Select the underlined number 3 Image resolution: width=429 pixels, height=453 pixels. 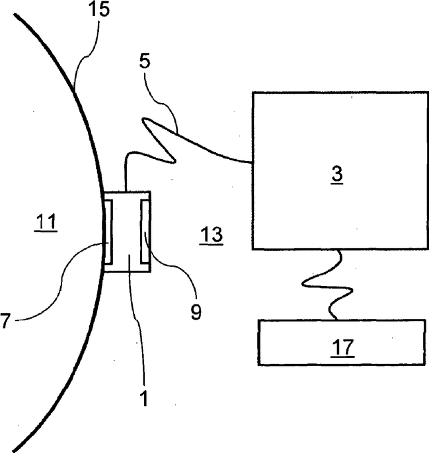pos(337,174)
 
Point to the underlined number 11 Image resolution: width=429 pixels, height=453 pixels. pos(46,223)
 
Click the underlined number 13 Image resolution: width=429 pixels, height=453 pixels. pos(211,234)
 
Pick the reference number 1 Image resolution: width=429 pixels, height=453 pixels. pos(141,398)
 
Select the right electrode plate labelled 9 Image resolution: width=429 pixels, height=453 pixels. pos(142,228)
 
